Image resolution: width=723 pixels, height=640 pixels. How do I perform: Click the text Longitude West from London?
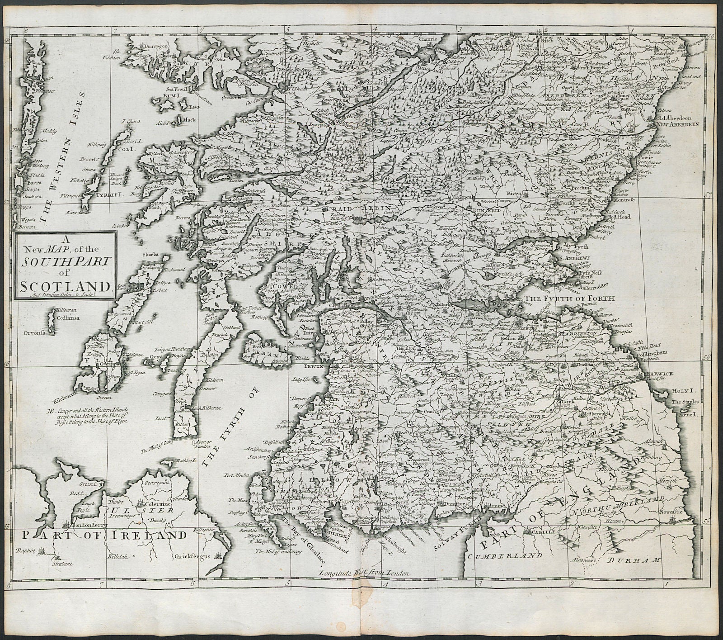(363, 573)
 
